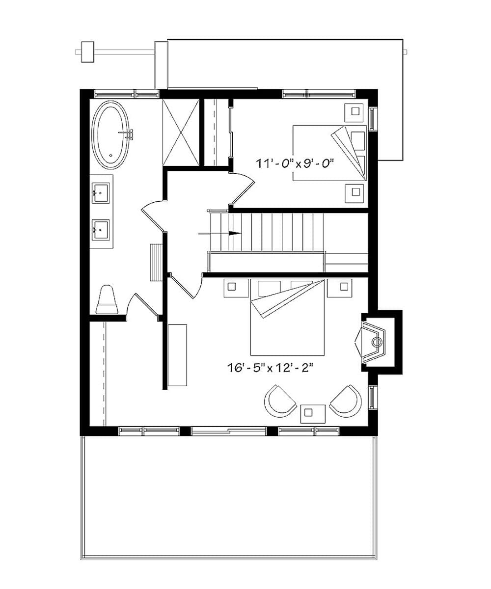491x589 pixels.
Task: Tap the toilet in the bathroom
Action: click(107, 300)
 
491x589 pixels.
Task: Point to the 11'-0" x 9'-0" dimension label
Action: click(295, 163)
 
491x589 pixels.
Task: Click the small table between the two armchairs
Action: click(313, 413)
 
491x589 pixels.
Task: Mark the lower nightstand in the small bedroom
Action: click(354, 192)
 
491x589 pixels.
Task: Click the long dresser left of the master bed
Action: click(178, 354)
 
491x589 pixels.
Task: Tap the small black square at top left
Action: click(87, 51)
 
